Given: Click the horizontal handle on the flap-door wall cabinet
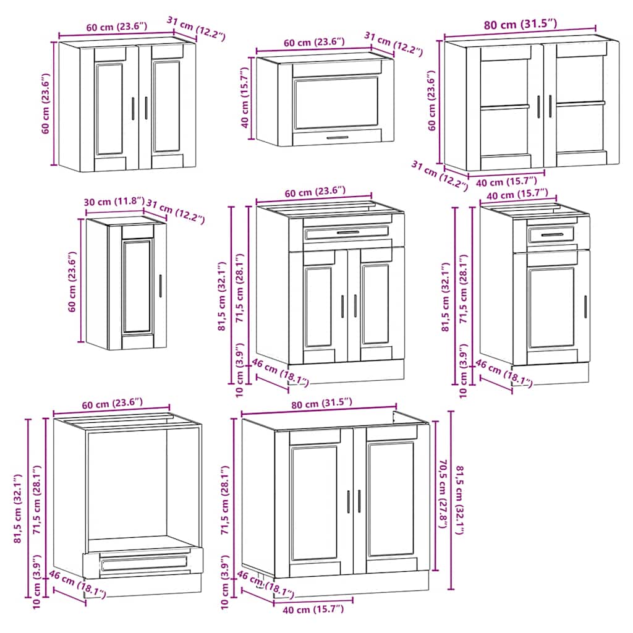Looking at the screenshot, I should [337, 138].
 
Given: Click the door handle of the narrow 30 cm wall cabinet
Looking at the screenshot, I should [160, 286].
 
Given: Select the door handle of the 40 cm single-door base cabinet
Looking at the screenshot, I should [585, 307].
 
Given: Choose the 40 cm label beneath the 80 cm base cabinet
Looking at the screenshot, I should [313, 610].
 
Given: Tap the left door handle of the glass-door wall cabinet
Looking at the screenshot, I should [538, 106].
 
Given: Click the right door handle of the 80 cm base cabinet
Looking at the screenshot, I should [359, 501].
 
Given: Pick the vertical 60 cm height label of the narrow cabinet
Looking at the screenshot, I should [72, 281].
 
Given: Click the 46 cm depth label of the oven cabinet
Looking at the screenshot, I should [77, 584].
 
